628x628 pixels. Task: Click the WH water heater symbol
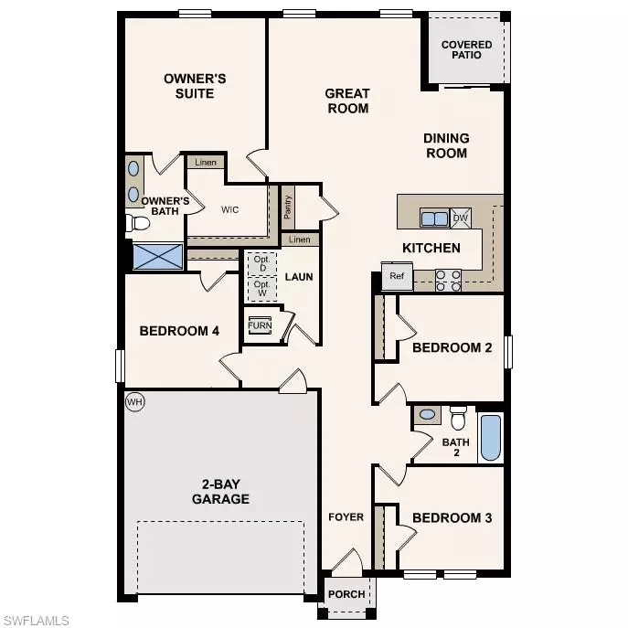tap(135, 402)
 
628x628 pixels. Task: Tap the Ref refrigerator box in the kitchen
tap(397, 276)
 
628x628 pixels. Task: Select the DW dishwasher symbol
tap(460, 218)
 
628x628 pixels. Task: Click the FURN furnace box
tap(260, 326)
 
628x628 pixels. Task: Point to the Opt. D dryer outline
tap(261, 263)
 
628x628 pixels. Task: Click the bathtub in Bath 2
tap(491, 438)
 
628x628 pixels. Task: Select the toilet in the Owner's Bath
tap(139, 222)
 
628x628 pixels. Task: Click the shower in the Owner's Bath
tap(157, 256)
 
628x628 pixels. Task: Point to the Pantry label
tap(287, 210)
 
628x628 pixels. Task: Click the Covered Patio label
tap(466, 49)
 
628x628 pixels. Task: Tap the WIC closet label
tap(230, 209)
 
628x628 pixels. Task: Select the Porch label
tap(346, 594)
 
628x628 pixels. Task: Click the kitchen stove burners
tap(448, 280)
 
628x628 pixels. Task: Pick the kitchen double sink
tap(433, 218)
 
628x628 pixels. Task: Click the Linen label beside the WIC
tap(207, 163)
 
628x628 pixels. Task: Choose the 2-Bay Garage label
tap(220, 492)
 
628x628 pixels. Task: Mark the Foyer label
tap(346, 517)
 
